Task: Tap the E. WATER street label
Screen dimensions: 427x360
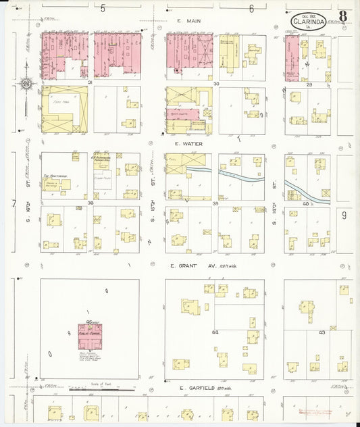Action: pos(185,143)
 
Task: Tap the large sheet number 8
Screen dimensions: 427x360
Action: pos(343,16)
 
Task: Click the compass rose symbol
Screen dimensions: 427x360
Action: pos(26,84)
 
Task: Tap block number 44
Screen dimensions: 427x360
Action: pos(215,332)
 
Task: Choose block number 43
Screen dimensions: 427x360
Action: pos(322,332)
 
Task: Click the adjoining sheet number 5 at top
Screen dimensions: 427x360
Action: pos(103,9)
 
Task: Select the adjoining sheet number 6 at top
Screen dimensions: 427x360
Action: pos(251,9)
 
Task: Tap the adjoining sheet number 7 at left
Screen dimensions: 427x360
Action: pos(14,203)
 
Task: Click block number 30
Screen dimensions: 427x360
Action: pos(215,83)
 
